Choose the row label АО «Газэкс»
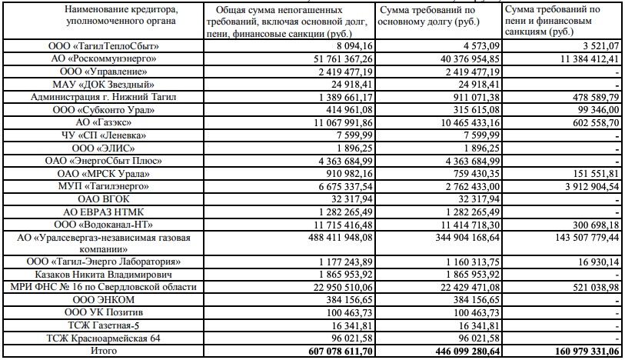103,123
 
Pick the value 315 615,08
464,110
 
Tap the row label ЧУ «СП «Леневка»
103,135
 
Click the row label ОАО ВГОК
103,198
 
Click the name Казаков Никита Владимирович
103,274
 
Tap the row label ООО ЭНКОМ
103,299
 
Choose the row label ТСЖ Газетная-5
103,325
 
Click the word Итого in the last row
103,351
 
